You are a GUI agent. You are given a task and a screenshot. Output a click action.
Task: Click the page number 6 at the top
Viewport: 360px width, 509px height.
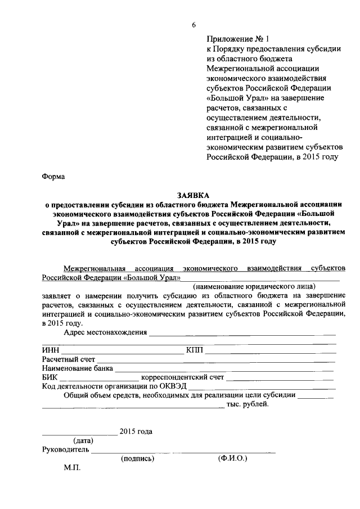click(x=193, y=25)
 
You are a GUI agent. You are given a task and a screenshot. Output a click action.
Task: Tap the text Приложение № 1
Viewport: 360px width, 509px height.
click(x=238, y=39)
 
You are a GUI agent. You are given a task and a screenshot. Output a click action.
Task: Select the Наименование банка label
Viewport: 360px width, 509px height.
click(x=77, y=368)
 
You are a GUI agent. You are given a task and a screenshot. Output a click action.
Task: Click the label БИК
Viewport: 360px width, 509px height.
click(x=49, y=377)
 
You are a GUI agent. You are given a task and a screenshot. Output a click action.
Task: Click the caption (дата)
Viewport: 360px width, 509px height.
click(x=79, y=440)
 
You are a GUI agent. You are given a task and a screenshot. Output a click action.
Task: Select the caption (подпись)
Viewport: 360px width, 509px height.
click(x=137, y=458)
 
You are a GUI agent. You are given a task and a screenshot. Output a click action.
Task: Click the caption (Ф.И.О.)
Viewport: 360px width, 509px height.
click(x=232, y=458)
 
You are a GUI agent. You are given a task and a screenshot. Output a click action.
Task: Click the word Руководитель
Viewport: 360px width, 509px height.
click(x=66, y=449)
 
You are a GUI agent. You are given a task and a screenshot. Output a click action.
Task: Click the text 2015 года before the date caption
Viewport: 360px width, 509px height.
click(x=136, y=431)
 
